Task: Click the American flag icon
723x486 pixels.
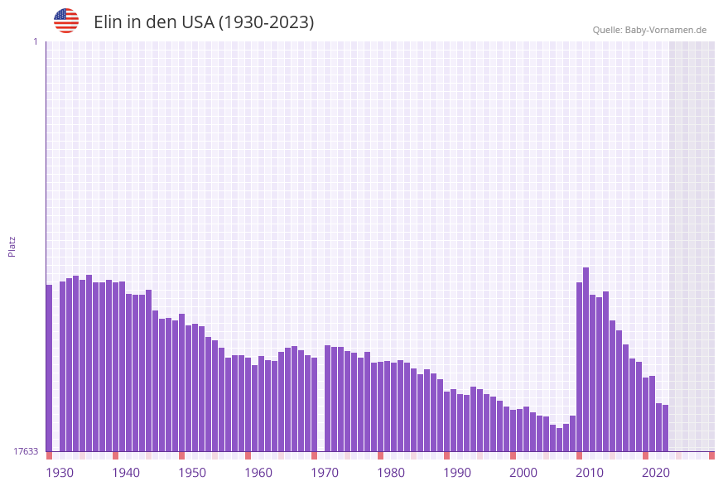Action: pos(66,21)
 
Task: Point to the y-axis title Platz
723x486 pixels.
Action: pos(12,246)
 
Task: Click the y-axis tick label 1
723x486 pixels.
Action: pos(35,41)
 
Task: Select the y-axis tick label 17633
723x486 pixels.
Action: pos(27,451)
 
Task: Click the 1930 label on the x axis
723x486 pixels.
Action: pos(60,473)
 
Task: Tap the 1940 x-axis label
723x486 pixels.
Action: pos(126,473)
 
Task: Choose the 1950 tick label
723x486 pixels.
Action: pos(192,473)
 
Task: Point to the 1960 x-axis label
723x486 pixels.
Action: pos(258,473)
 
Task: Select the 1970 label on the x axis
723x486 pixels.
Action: pos(325,473)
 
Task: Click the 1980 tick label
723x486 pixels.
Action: pos(391,473)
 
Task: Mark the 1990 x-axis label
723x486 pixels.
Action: pos(457,473)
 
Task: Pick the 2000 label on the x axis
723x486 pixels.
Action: pos(523,473)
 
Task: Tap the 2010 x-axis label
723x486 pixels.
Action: pos(590,473)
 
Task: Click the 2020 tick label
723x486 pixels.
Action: pos(656,473)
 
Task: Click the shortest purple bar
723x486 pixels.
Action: pos(560,440)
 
